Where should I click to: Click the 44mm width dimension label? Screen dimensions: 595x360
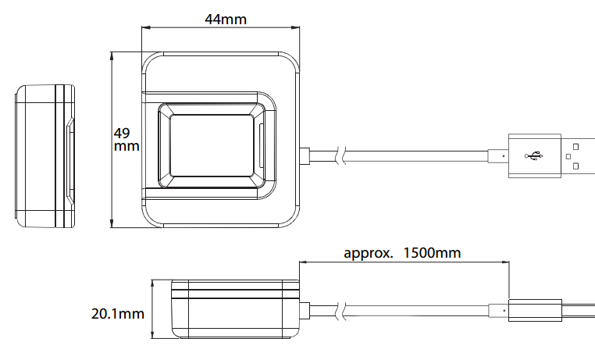pyautogui.click(x=226, y=19)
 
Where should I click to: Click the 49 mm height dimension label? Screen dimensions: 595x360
pyautogui.click(x=126, y=139)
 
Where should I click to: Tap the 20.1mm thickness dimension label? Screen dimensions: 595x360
pyautogui.click(x=118, y=314)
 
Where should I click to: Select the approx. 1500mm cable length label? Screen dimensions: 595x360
pyautogui.click(x=402, y=253)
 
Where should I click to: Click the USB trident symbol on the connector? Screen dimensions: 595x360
pyautogui.click(x=534, y=155)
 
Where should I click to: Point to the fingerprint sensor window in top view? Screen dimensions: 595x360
pyautogui.click(x=212, y=145)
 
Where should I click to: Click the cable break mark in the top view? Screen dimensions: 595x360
pyautogui.click(x=341, y=155)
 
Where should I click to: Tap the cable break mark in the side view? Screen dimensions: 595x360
pyautogui.click(x=341, y=311)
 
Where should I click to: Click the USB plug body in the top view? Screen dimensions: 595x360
pyautogui.click(x=535, y=155)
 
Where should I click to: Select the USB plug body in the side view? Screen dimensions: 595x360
pyautogui.click(x=535, y=310)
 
